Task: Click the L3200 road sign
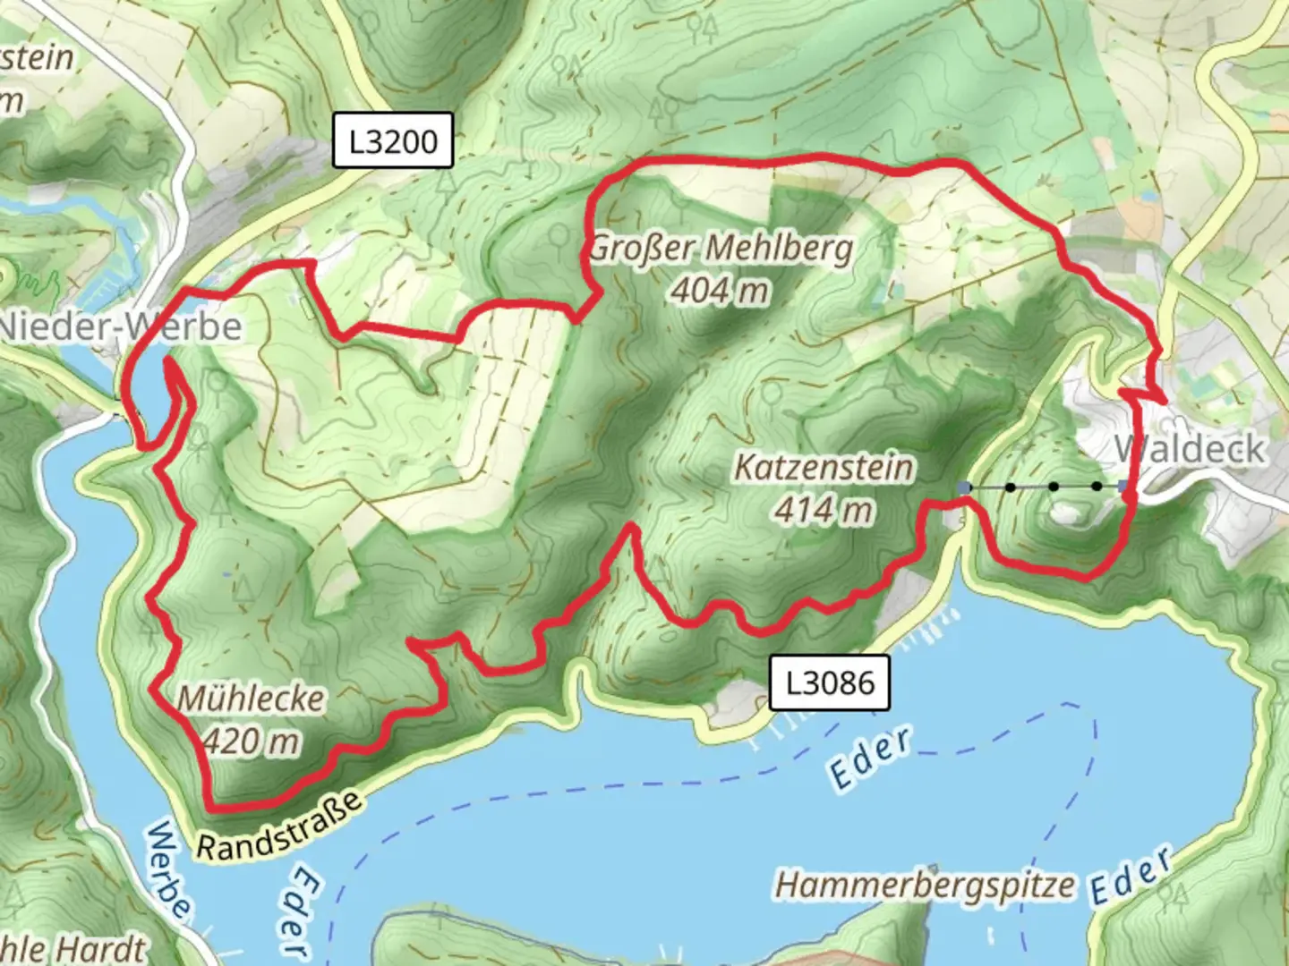(393, 140)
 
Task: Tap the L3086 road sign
(830, 682)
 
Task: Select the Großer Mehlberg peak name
(721, 248)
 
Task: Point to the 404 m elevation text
(721, 290)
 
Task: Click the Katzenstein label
(824, 467)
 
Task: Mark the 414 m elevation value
(824, 510)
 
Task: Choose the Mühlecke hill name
(252, 698)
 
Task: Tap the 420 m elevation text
(252, 741)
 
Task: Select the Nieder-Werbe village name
(121, 326)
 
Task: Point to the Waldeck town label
(1191, 448)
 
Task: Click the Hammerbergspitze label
(925, 885)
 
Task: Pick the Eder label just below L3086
(871, 758)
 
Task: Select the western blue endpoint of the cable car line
(964, 487)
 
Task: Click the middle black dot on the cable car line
(1054, 487)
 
